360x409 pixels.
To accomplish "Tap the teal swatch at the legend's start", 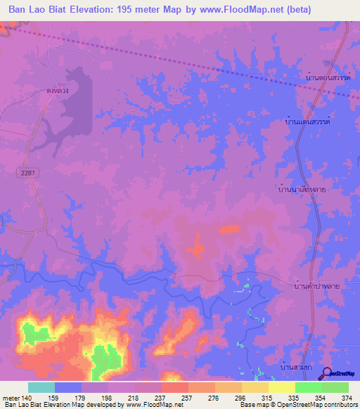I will click(41, 387).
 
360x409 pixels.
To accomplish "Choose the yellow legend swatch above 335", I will click(281, 387).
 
